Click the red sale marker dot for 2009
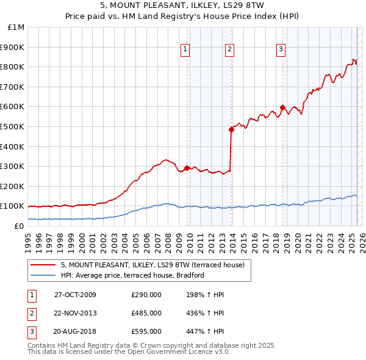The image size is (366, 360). (187, 168)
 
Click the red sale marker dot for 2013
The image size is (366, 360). (231, 129)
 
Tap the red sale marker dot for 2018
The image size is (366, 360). (282, 107)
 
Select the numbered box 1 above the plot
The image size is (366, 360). (185, 50)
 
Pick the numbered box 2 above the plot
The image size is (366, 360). (229, 50)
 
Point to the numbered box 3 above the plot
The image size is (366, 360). (281, 50)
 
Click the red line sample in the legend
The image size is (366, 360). (43, 265)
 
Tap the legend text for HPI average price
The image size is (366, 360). (132, 275)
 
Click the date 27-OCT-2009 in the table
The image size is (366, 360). (76, 295)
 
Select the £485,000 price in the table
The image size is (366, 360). (146, 313)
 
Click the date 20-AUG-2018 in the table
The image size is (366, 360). (76, 331)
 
